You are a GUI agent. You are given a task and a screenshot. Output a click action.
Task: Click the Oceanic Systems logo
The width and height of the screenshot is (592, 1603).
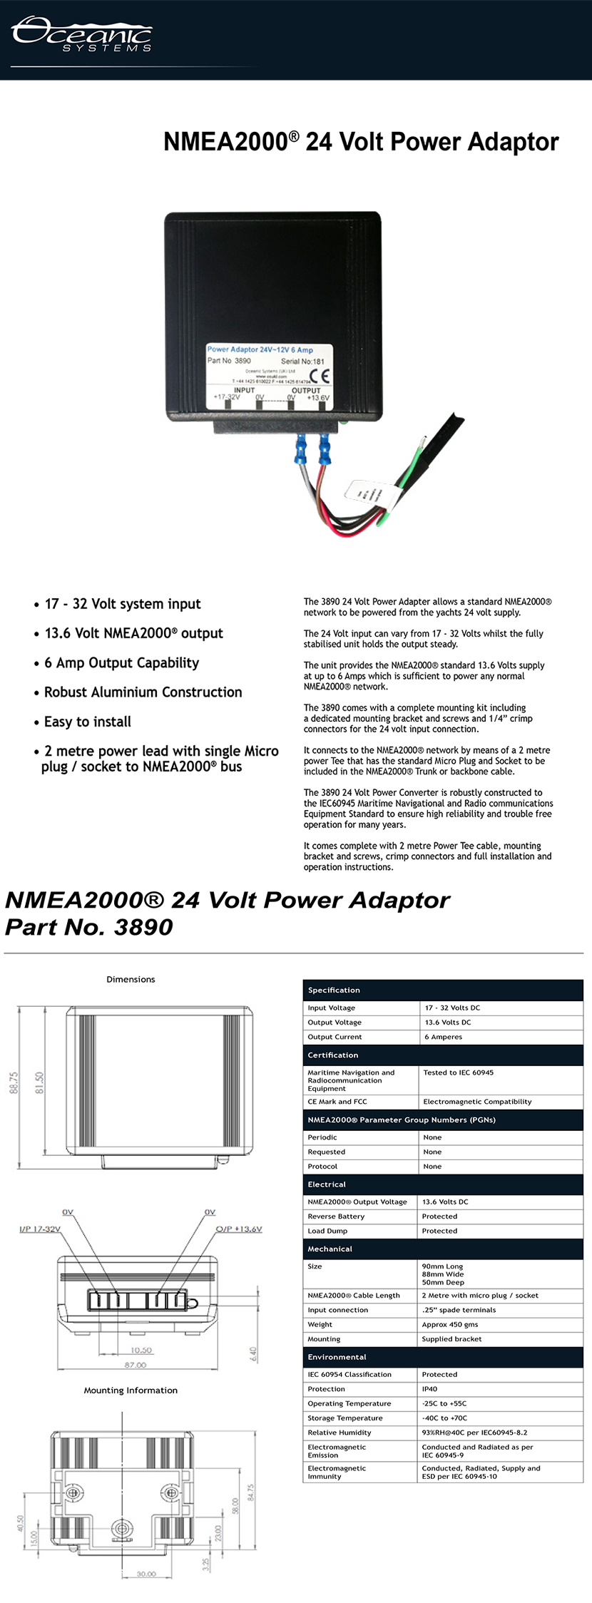click(81, 34)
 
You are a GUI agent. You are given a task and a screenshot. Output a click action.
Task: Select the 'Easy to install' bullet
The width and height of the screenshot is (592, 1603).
click(88, 722)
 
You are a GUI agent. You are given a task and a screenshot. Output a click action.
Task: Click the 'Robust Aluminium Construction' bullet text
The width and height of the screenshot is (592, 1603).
click(143, 692)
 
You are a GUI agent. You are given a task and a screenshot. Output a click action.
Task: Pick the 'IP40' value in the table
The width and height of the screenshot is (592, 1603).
click(429, 1389)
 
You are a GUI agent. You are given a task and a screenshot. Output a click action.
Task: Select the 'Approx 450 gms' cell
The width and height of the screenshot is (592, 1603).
click(450, 1324)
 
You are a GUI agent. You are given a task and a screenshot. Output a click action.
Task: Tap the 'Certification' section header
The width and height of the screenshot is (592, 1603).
click(333, 1055)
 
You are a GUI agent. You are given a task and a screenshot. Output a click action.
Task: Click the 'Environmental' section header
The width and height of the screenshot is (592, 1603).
click(337, 1357)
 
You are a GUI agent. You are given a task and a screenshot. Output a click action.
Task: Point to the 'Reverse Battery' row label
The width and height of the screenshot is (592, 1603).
click(336, 1217)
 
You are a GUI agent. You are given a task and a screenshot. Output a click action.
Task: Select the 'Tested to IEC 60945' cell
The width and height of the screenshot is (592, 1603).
click(459, 1072)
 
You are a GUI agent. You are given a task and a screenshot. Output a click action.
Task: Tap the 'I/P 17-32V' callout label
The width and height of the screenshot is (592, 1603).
click(40, 1229)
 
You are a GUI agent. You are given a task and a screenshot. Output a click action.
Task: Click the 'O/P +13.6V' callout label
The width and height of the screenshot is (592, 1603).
click(239, 1229)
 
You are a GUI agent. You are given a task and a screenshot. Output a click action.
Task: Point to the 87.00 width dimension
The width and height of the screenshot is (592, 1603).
click(136, 1365)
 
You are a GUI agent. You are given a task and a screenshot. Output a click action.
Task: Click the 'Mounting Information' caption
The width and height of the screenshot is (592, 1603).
click(131, 1390)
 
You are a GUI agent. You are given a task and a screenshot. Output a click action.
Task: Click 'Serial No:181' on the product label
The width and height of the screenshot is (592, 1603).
click(302, 362)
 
